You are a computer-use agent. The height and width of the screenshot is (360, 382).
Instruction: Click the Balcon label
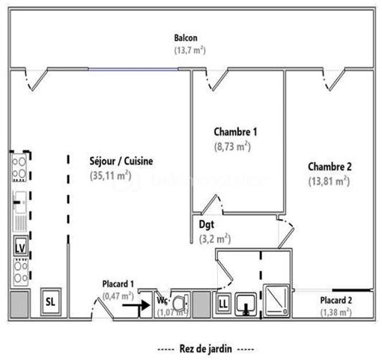186,38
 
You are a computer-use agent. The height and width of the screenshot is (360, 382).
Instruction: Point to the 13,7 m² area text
186,50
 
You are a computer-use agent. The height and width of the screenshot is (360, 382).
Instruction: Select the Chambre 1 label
235,132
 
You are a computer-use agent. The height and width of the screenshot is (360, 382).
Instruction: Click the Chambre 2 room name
329,166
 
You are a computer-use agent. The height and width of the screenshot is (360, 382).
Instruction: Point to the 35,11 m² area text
109,176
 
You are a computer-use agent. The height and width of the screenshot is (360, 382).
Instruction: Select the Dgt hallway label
206,224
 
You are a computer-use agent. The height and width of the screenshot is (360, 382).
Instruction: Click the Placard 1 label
118,283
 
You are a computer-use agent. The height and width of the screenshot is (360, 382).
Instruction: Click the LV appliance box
19,244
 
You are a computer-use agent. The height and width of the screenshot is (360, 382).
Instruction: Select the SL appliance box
50,301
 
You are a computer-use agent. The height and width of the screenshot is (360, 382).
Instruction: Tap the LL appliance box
223,303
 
